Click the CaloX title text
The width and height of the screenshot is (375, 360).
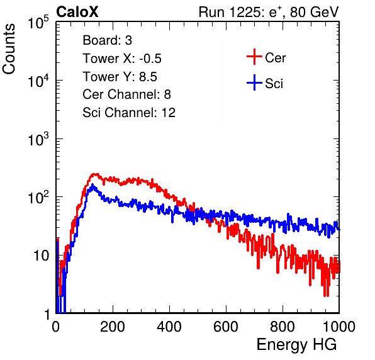(77, 11)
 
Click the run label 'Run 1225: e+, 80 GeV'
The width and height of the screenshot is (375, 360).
(269, 12)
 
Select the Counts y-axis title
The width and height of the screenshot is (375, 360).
(9, 49)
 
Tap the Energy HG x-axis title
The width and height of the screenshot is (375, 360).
(296, 344)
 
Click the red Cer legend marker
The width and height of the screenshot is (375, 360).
(254, 57)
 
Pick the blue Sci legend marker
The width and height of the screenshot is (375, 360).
(254, 82)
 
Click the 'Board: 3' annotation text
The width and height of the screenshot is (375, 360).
(108, 40)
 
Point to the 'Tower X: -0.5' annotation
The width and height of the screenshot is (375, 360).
(122, 59)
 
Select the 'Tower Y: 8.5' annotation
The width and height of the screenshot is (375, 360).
(120, 77)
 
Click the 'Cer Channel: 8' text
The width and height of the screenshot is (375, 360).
(126, 94)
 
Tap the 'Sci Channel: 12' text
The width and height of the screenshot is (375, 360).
(129, 113)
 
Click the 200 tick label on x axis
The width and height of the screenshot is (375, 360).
(113, 327)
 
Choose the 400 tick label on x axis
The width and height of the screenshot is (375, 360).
(169, 327)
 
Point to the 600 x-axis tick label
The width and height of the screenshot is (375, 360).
(226, 327)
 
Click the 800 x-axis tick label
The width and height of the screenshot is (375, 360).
(283, 327)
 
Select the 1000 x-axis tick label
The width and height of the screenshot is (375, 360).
(339, 327)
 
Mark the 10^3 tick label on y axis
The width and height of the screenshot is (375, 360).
(38, 139)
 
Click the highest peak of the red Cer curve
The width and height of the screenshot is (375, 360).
(95, 174)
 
